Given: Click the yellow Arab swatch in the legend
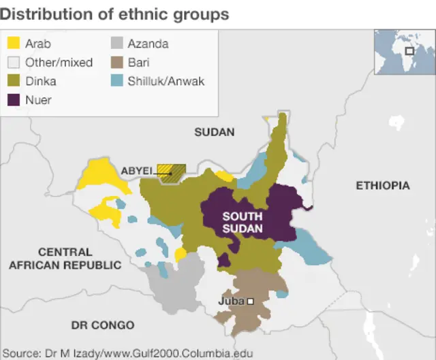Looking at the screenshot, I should click(x=13, y=44).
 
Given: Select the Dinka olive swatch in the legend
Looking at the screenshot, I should click(x=13, y=81).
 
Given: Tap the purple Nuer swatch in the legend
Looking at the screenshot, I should click(x=13, y=99).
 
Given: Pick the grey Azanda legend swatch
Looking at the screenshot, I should click(x=116, y=44).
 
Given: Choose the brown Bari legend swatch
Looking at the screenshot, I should click(x=116, y=63).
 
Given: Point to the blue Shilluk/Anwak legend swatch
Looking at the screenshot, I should click(x=116, y=81).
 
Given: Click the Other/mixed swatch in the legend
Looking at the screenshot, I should click(x=13, y=63).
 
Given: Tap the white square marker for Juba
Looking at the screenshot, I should click(x=251, y=301).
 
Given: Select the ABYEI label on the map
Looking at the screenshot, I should click(x=136, y=171).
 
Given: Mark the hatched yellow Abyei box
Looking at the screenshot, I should click(x=171, y=171).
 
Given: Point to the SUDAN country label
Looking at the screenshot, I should click(x=214, y=132).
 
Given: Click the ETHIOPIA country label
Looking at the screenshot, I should click(x=383, y=185).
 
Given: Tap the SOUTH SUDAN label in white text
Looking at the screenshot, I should click(x=242, y=223).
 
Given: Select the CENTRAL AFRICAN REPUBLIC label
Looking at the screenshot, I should click(x=65, y=259).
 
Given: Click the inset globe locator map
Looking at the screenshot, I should click(x=403, y=51).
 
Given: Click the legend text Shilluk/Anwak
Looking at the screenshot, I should click(x=166, y=81).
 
